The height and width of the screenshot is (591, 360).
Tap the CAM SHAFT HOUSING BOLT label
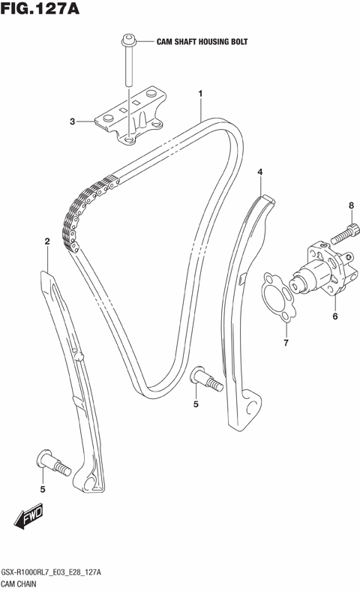click(x=202, y=43)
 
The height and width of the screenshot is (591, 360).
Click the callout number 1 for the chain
click(x=201, y=94)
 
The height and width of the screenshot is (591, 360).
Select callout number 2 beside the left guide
click(x=47, y=241)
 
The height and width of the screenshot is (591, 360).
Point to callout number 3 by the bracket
click(x=73, y=121)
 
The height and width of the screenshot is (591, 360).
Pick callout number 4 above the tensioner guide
click(x=260, y=172)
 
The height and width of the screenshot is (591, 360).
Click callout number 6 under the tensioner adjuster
click(x=334, y=316)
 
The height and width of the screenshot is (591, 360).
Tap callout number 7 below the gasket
click(x=285, y=343)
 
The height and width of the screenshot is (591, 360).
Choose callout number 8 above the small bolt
click(x=350, y=205)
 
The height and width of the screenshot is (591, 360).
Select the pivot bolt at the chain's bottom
click(x=205, y=378)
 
